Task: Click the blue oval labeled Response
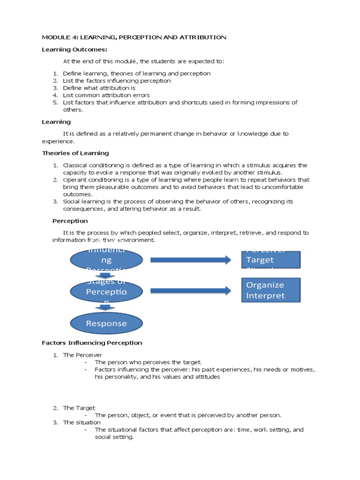coord(106,323)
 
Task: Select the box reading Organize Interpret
coord(271,290)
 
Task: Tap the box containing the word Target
coord(271,260)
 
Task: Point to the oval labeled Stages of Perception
coord(106,291)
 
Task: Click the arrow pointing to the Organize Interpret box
coord(190,291)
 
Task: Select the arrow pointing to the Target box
coord(190,260)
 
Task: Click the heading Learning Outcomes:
coord(68,49)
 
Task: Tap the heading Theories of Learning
coord(75,153)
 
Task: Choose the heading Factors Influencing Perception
coord(92,343)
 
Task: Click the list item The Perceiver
coord(82,355)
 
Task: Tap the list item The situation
coord(82,422)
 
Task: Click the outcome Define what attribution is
coord(99,88)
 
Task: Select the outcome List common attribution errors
coord(106,95)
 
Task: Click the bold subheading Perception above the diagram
coord(70,221)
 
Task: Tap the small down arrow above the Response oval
coord(105,307)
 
